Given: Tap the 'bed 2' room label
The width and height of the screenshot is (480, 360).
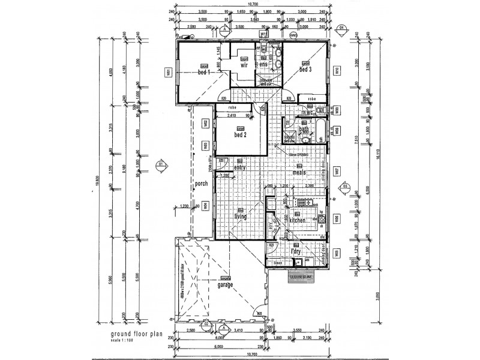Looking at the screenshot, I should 240,134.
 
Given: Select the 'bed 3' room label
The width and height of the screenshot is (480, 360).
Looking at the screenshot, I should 305,70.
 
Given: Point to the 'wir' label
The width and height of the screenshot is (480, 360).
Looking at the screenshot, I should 244,66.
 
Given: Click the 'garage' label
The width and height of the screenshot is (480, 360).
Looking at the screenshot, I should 226,286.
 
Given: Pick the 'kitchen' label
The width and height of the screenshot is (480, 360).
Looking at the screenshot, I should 298,221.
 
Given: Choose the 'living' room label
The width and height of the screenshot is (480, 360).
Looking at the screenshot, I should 240,218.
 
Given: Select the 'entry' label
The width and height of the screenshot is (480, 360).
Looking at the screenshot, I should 240,168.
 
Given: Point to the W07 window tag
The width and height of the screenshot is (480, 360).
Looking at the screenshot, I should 338,171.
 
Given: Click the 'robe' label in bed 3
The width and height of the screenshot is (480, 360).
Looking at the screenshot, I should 311,98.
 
